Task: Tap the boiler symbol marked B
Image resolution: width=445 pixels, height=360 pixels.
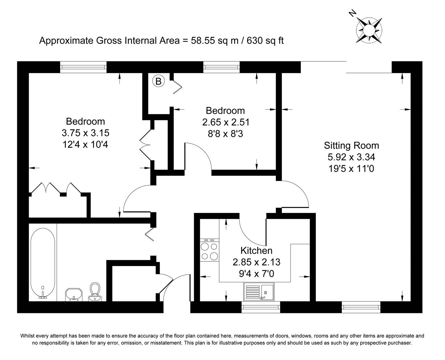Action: tap(158, 81)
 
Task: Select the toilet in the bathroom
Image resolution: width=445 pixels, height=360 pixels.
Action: tap(95, 292)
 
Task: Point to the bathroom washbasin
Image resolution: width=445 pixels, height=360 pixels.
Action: tap(74, 294)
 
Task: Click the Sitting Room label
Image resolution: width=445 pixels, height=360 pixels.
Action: tap(351, 145)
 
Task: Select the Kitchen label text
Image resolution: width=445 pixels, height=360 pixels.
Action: tap(256, 250)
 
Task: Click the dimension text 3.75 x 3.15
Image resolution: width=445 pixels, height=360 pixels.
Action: tap(85, 133)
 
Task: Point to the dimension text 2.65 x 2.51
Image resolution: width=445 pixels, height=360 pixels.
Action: tap(226, 122)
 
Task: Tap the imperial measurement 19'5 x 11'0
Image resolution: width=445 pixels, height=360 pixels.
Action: tap(351, 169)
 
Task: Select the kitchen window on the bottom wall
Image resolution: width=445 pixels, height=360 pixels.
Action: tap(261, 307)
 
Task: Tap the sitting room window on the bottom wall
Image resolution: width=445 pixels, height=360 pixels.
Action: tap(361, 307)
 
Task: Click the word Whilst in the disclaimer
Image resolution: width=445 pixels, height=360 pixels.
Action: tap(27, 336)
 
